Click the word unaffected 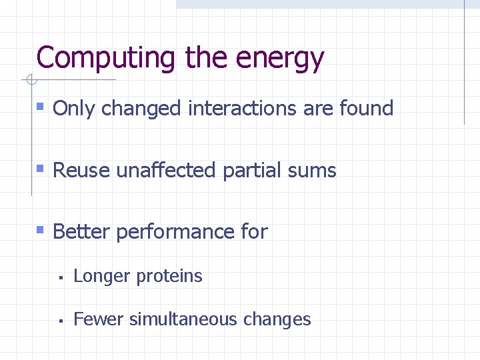(x=166, y=170)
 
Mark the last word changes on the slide (x=277, y=320)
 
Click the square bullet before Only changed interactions (x=41, y=107)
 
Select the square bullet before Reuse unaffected (x=41, y=169)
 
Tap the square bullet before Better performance (x=41, y=231)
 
